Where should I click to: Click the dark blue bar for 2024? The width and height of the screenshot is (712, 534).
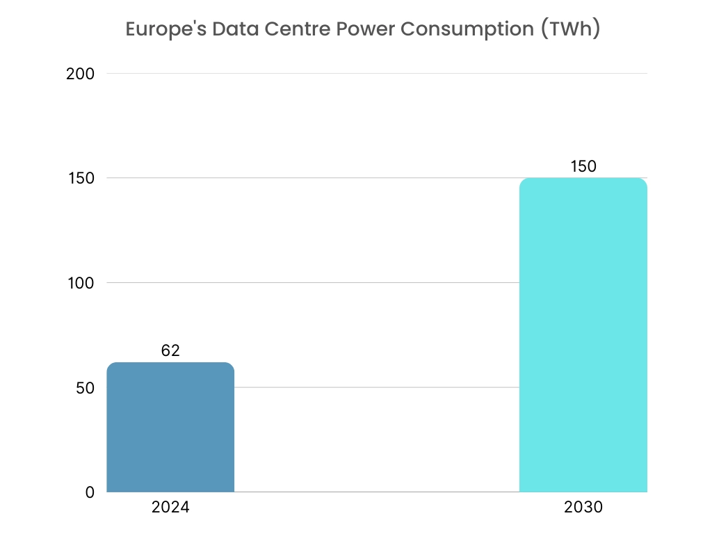coord(170,427)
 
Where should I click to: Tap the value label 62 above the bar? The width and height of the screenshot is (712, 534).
coord(170,350)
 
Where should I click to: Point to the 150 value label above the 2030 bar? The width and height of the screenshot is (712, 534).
coord(583,166)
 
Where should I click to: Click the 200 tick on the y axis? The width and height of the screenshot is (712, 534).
coord(80,74)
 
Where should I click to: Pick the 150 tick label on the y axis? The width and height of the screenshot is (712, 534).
coord(81,178)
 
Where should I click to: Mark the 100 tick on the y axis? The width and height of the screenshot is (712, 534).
coord(81,283)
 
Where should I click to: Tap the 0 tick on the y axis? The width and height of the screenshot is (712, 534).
coord(90,492)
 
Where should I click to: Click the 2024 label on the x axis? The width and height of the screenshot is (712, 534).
coord(170,508)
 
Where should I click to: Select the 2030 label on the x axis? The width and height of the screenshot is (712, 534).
coord(583,508)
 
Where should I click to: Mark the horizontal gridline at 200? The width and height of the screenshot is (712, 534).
coord(375,74)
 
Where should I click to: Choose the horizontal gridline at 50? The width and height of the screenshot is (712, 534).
coord(375,387)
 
